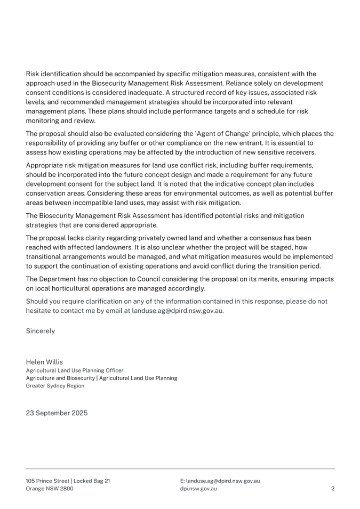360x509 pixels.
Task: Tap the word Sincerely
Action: point(41,330)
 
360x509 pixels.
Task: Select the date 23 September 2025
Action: point(57,413)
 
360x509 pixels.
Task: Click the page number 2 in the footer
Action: point(333,488)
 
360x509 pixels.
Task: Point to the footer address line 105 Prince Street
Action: point(68,481)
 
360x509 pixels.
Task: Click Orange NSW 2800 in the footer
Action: point(50,488)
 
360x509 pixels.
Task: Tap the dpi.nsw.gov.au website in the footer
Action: point(198,488)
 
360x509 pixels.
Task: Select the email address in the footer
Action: point(220,481)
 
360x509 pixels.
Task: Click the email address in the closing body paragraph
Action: point(178,311)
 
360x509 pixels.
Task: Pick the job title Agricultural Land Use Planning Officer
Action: point(75,370)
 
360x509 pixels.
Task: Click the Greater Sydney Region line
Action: point(55,385)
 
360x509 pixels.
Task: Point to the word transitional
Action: point(47,256)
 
